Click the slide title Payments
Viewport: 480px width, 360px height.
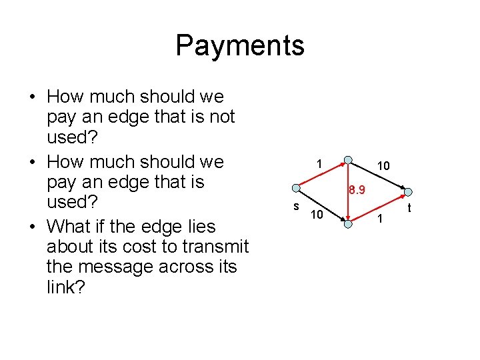point(240,45)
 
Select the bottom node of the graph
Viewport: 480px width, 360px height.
point(348,224)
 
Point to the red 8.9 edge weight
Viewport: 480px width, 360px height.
point(357,191)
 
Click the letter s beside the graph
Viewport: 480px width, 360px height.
point(296,206)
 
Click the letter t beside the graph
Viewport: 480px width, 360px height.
point(409,208)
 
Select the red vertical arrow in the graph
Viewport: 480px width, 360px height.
point(348,193)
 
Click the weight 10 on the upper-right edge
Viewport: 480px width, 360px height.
point(383,165)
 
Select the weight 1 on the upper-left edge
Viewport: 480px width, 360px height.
point(320,164)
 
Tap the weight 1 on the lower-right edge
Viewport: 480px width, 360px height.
point(380,219)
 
